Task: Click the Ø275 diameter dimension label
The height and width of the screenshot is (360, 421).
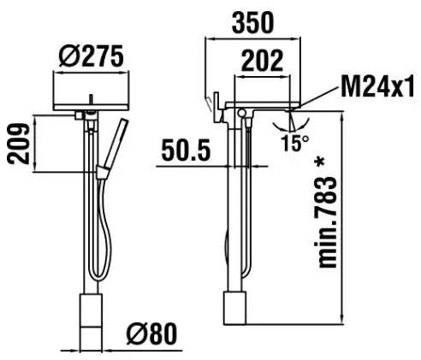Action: (x=92, y=56)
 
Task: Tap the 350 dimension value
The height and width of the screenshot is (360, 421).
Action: (x=252, y=23)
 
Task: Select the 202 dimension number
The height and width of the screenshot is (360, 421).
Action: (x=262, y=61)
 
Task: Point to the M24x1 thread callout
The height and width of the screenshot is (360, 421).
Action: (x=377, y=86)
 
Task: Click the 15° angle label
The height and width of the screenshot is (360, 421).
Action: (x=295, y=143)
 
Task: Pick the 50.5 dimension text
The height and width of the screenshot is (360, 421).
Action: (x=186, y=150)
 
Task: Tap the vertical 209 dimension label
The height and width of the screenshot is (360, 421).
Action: (x=18, y=144)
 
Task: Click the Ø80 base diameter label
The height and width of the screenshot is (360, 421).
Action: (x=151, y=333)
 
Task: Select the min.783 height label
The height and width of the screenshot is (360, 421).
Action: (x=327, y=222)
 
